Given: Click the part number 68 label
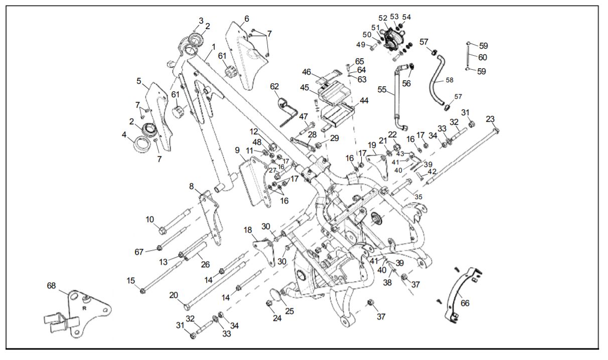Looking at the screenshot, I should click(x=51, y=286).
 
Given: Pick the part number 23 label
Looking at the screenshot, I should click(x=490, y=119).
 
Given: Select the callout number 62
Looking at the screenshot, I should click(x=274, y=86).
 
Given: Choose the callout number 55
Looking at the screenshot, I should click(x=382, y=90).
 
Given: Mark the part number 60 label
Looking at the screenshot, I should click(x=482, y=58).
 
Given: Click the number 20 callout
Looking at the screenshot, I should click(x=174, y=295).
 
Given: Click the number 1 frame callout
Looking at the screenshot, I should click(x=213, y=47).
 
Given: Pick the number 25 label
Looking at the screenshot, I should click(x=289, y=311).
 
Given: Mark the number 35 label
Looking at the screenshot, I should click(x=418, y=197).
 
